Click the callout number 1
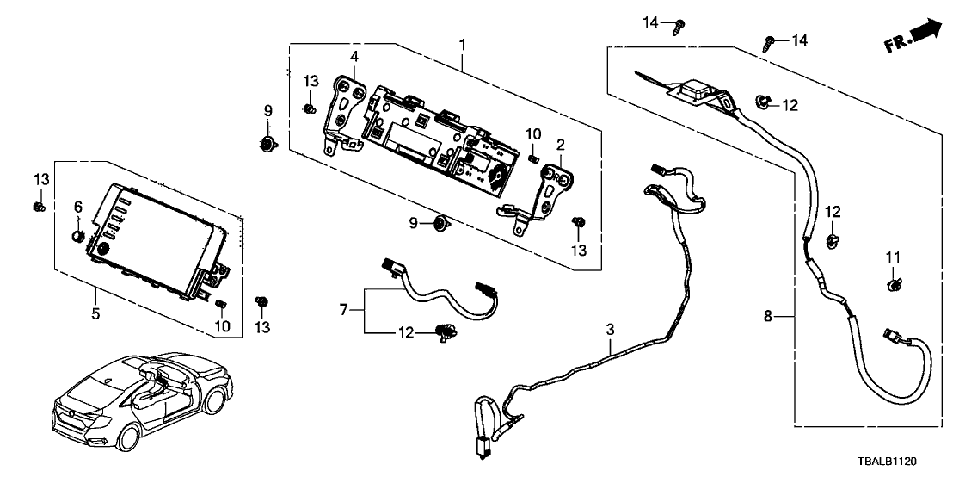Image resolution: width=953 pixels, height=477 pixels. pyautogui.click(x=462, y=43)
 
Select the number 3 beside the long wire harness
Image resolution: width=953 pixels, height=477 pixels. pyautogui.click(x=609, y=329)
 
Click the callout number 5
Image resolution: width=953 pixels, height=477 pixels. pyautogui.click(x=95, y=314)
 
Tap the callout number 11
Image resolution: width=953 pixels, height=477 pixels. pyautogui.click(x=893, y=257)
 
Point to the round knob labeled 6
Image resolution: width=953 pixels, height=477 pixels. pyautogui.click(x=77, y=235)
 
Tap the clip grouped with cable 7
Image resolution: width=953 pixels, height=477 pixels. pyautogui.click(x=446, y=331)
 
